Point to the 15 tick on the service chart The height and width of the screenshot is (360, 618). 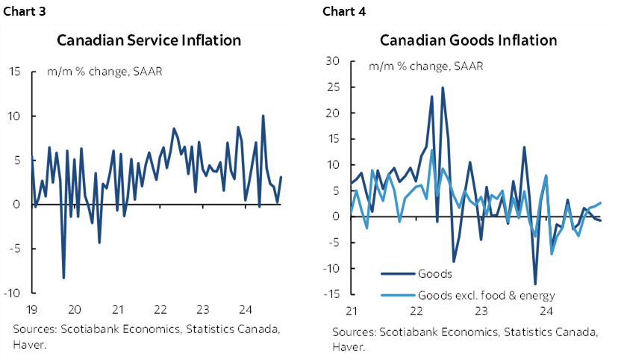14,72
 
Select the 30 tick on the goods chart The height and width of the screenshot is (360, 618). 334,60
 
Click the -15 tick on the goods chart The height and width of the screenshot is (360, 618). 333,294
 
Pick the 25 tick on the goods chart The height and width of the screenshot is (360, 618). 334,87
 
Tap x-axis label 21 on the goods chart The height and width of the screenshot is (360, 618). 351,311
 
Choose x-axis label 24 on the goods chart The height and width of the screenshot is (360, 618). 546,311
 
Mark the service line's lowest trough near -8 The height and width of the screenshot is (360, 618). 63,278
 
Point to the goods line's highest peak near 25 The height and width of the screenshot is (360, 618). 443,87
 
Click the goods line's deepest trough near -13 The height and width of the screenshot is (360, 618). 535,284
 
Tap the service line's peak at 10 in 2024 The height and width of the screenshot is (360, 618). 263,116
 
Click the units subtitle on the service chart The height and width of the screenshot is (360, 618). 104,72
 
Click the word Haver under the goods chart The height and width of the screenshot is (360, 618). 349,347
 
